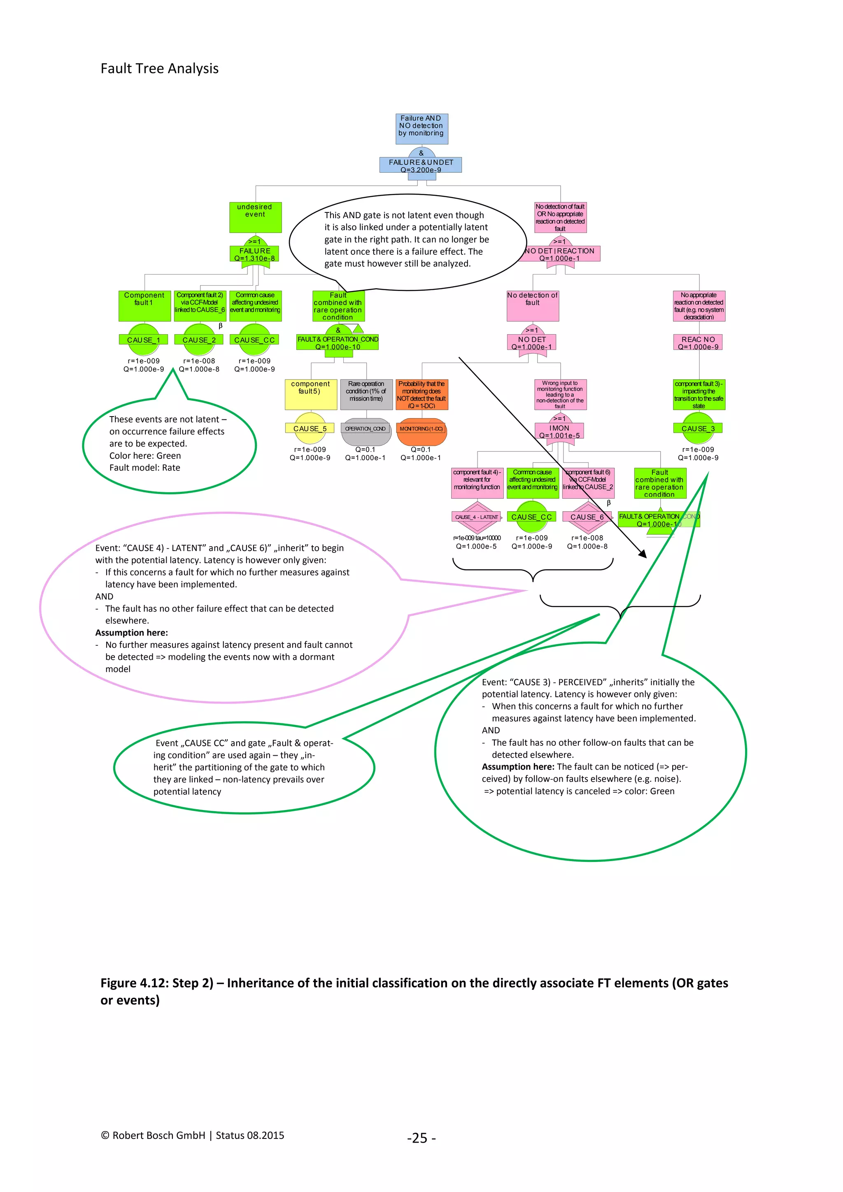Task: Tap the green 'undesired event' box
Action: click(255, 217)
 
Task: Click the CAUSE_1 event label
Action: click(143, 340)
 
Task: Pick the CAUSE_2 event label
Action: click(199, 340)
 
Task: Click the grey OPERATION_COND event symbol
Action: click(366, 431)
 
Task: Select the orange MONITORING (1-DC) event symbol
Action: click(421, 431)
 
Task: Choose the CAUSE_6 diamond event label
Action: click(587, 517)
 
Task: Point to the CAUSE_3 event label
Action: click(698, 428)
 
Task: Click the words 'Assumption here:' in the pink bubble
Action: click(131, 632)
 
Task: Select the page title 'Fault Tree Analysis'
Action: click(159, 68)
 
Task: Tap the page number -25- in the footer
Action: click(421, 1138)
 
